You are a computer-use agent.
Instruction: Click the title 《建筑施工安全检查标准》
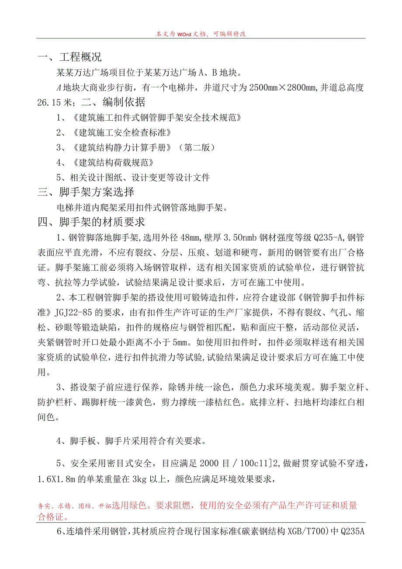pyautogui.click(x=120, y=133)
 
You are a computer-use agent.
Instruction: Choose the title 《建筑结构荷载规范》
pyautogui.click(x=111, y=163)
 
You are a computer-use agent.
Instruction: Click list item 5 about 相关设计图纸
pyautogui.click(x=133, y=178)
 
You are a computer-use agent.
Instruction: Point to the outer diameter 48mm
pyautogui.click(x=190, y=238)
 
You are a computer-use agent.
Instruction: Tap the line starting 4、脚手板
pyautogui.click(x=131, y=441)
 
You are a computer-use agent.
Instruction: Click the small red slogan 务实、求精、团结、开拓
pyautogui.click(x=74, y=506)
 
